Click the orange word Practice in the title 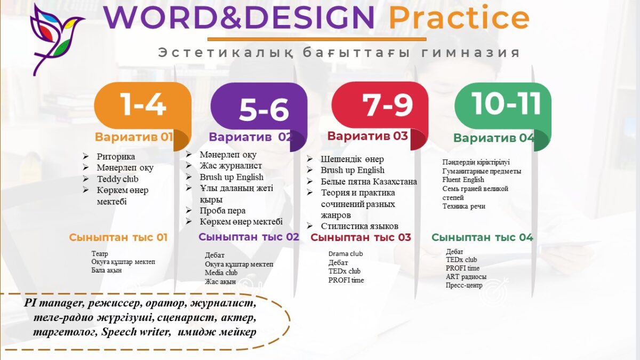click(x=459, y=18)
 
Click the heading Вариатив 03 click(x=367, y=135)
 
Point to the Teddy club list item click(x=117, y=179)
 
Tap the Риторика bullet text click(x=116, y=157)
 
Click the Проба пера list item click(x=222, y=211)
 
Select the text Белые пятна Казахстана click(x=369, y=181)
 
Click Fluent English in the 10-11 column click(x=463, y=180)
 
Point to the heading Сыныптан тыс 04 click(x=482, y=237)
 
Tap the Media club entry click(x=221, y=273)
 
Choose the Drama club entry click(x=346, y=254)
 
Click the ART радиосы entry click(x=466, y=277)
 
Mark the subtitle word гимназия click(x=470, y=53)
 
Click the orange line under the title click(x=317, y=39)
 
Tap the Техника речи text click(x=463, y=206)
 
